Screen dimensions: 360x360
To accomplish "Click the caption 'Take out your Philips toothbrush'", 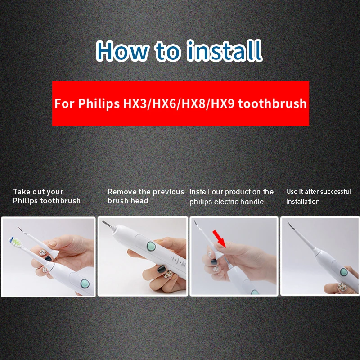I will tap(47, 196).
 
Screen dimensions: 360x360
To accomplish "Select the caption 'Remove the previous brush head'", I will tap(146, 196).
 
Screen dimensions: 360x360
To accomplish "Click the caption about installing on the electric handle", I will tap(231, 197).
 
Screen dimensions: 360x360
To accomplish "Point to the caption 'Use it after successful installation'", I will tap(319, 196).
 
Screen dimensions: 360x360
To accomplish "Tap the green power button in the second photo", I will tap(151, 247).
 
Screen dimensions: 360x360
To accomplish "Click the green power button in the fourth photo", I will tap(344, 272).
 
